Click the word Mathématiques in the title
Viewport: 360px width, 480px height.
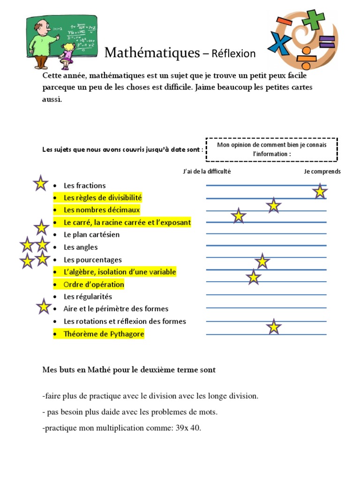(x=152, y=52)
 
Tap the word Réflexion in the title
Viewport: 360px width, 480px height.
(x=233, y=53)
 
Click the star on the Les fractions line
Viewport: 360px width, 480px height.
(x=320, y=191)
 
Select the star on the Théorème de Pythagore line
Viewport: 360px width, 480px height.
(x=274, y=327)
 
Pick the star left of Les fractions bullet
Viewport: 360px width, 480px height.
(x=41, y=183)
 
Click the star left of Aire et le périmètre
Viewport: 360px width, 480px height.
(x=44, y=307)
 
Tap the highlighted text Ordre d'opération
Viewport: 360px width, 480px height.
(x=94, y=285)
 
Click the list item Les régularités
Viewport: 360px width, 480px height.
(x=88, y=297)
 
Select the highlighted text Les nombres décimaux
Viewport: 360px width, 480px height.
(x=102, y=210)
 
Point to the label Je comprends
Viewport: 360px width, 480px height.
(x=322, y=172)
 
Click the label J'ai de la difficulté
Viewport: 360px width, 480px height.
(x=207, y=172)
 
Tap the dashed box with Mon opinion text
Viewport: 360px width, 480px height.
(x=271, y=150)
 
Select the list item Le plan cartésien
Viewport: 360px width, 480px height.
(x=91, y=235)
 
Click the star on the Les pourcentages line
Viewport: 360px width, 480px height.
(x=262, y=262)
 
